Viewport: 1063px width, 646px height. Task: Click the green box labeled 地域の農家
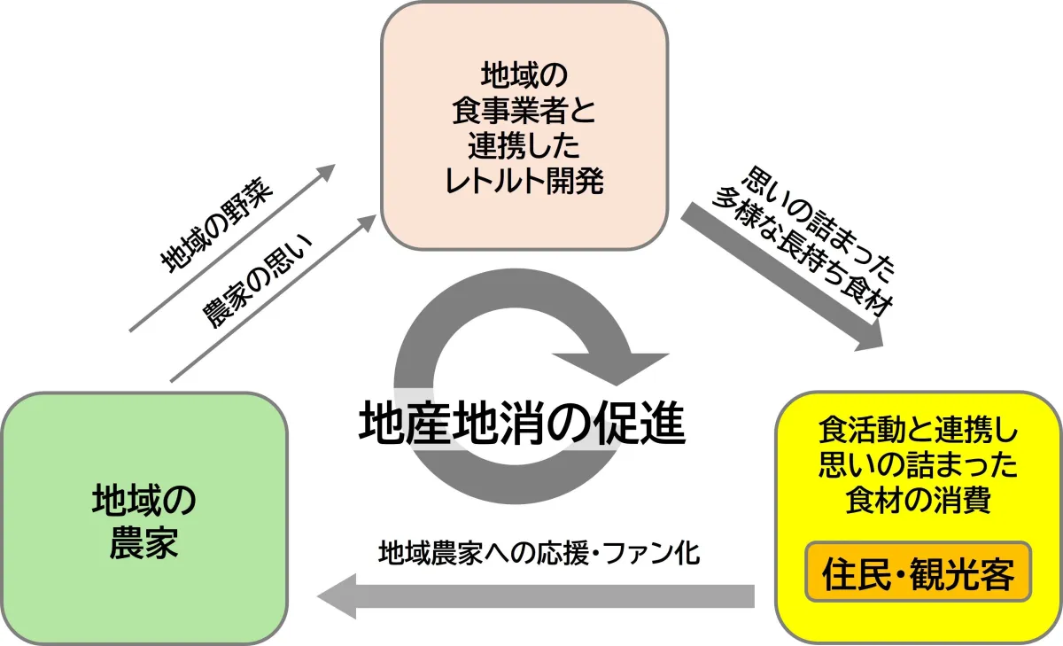tap(144, 518)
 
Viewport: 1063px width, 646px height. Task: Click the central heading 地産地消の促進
tap(523, 424)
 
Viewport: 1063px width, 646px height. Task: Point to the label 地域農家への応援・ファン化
tap(539, 554)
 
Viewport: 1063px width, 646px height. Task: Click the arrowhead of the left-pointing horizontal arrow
tap(337, 596)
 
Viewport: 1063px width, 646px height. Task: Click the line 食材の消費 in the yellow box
tap(918, 501)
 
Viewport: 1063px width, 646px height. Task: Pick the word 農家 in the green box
tap(144, 543)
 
